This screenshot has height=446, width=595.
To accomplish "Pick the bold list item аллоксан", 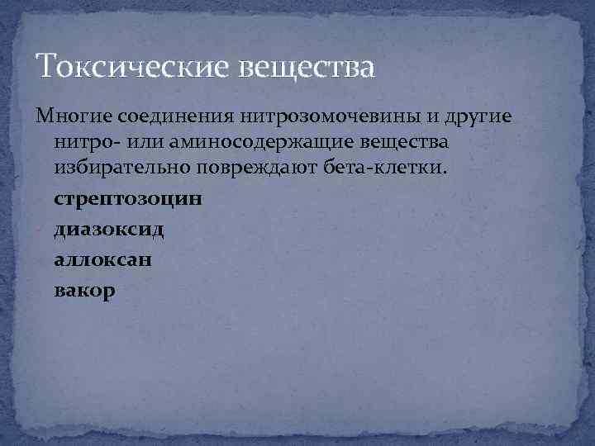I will point(102,260).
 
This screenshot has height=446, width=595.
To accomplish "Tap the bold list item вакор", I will point(84,291).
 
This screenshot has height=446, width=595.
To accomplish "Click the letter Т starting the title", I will point(43,65).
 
